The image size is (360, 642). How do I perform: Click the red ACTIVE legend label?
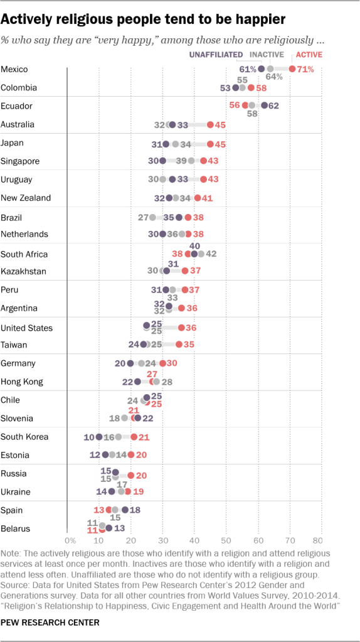[x=309, y=55]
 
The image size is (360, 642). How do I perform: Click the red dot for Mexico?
[x=292, y=69]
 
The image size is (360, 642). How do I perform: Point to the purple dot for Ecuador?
[x=264, y=105]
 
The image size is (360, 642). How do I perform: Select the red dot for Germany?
[x=162, y=363]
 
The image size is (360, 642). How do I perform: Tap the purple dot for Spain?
[x=125, y=510]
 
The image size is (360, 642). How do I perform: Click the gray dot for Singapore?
[x=191, y=161]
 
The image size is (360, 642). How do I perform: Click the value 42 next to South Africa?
[x=211, y=254]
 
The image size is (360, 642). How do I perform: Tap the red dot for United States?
[x=181, y=328]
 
